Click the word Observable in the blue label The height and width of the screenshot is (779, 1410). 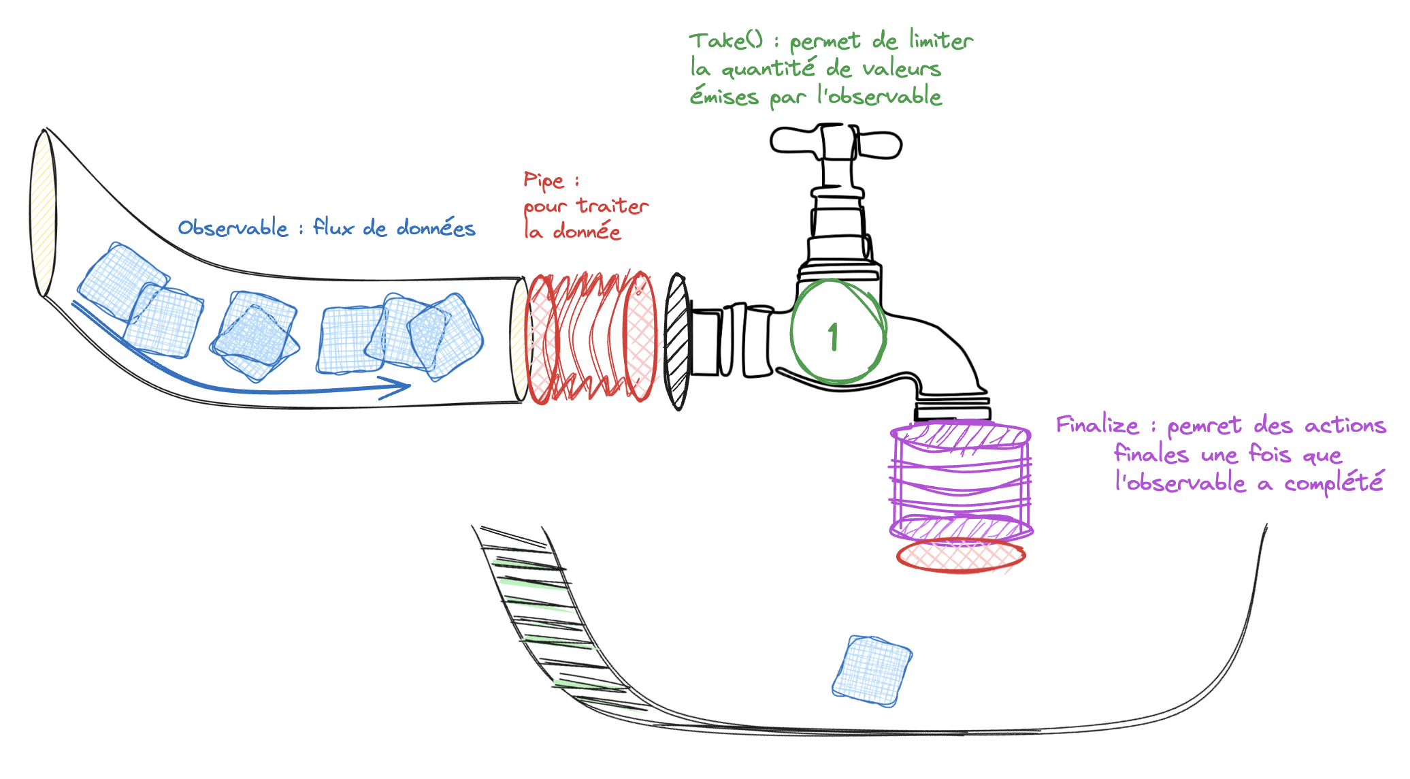[233, 227]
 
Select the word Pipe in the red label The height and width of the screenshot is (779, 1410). [544, 180]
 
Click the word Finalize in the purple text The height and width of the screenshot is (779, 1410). [1097, 425]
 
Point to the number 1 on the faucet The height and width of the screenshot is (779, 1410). [833, 336]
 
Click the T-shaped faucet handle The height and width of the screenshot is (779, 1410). [836, 142]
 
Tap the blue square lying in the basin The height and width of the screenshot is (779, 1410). [872, 671]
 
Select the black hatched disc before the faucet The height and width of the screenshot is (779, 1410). [677, 340]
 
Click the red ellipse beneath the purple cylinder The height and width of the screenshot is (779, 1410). [961, 556]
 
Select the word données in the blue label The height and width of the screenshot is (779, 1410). [436, 227]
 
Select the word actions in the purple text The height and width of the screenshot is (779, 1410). [1345, 425]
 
